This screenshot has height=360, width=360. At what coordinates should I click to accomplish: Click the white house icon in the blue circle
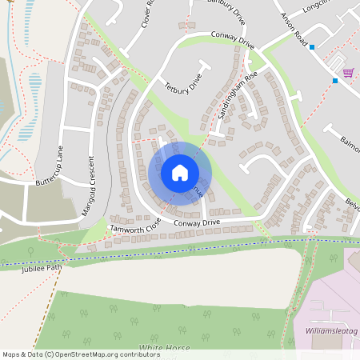coord(180,173)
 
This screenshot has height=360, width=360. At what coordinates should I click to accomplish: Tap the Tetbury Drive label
coord(183,84)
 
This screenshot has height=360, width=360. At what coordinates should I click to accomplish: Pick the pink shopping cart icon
coord(348,73)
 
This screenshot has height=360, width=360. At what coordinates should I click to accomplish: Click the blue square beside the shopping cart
coord(335,80)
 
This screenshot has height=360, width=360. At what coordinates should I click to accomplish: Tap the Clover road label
coord(147,14)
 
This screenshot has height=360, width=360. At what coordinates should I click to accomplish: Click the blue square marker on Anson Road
coord(312,47)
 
